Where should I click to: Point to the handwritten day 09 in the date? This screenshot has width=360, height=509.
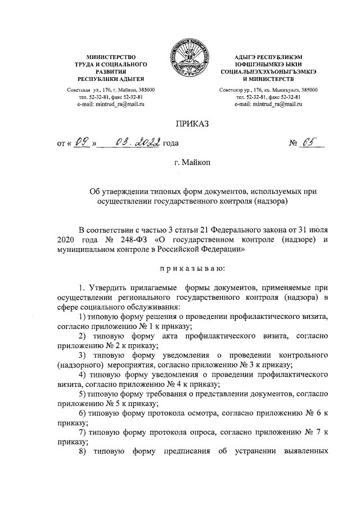click(81, 143)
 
